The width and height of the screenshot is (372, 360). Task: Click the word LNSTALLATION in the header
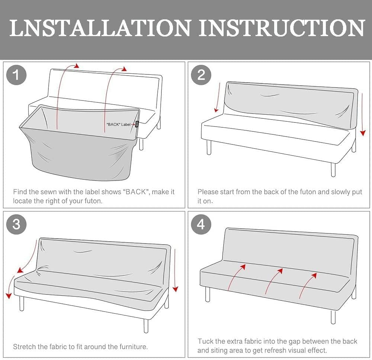pos(100,28)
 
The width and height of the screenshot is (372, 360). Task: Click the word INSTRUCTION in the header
pos(282,28)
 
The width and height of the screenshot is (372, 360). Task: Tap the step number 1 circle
pos(16,75)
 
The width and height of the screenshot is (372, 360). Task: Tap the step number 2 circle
pos(201,75)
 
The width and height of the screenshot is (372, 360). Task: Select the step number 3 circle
pos(16,224)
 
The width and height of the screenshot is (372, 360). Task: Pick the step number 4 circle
pos(201,224)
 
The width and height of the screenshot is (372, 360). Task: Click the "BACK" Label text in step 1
pos(118,124)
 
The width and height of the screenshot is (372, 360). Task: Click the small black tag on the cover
pos(137,124)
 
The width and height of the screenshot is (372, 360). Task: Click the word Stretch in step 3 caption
pos(24,347)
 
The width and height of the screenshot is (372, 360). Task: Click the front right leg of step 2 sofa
pos(333,170)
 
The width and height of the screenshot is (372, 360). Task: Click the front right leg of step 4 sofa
pos(333,317)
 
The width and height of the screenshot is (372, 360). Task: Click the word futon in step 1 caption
pos(93,201)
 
